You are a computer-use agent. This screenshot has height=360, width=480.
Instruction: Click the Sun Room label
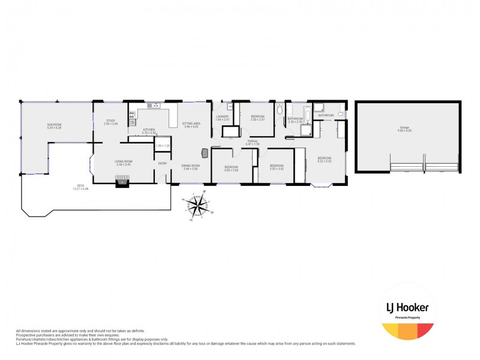click(55, 125)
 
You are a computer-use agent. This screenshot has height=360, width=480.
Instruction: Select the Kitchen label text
click(149, 130)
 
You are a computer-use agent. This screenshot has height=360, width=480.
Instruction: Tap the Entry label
click(162, 163)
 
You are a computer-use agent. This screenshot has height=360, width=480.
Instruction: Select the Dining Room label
click(191, 166)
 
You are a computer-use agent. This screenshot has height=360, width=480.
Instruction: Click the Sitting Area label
click(191, 124)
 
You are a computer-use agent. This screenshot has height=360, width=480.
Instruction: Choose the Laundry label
click(223, 116)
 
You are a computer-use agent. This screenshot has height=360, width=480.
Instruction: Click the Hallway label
click(253, 142)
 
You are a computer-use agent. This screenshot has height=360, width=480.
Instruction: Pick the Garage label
click(409, 127)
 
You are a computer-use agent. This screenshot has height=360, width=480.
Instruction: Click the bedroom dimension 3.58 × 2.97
click(258, 119)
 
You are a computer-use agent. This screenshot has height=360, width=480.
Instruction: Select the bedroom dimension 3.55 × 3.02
click(276, 169)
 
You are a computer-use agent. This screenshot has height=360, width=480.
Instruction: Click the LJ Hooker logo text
click(407, 307)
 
